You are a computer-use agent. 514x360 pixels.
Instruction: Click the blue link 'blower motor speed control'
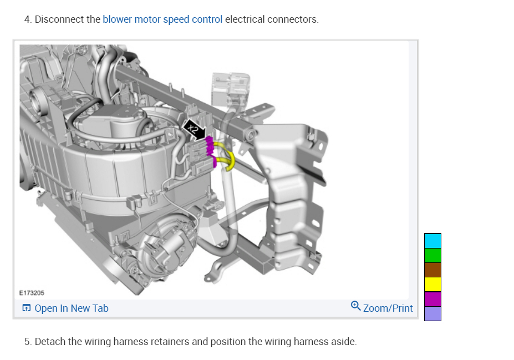point(162,19)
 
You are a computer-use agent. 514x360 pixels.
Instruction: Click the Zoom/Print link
point(388,308)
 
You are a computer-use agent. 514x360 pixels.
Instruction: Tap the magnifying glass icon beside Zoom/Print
point(355,306)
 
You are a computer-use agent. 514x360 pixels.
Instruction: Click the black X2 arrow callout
point(195,130)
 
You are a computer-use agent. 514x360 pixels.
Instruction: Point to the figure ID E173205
point(32,293)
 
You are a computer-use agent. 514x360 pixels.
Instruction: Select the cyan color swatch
point(432,241)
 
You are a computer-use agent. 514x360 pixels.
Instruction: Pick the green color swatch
point(432,255)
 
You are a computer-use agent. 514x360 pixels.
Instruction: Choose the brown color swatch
point(432,270)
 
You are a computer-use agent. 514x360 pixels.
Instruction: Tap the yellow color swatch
point(432,285)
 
